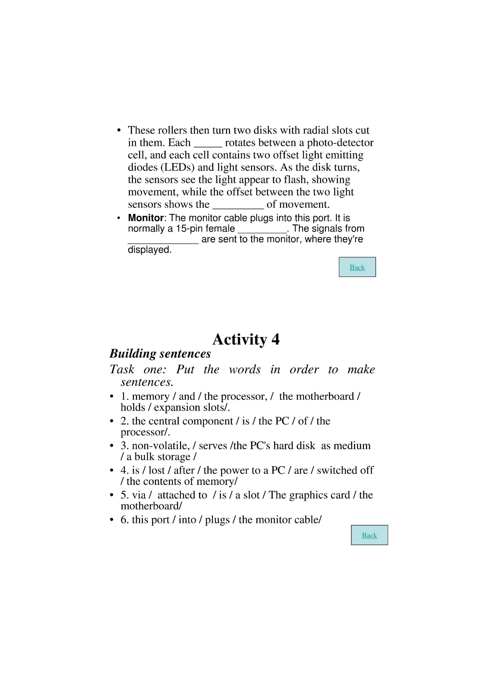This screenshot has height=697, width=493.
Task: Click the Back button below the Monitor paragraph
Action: tap(357, 267)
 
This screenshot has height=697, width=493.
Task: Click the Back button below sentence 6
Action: tap(369, 535)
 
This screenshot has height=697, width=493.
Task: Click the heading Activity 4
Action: tap(246, 339)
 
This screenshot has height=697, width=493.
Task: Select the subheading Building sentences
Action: tap(160, 354)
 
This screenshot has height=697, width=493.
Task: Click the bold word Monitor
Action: tap(145, 218)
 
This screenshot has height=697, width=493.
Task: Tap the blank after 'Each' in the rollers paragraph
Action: tap(207, 143)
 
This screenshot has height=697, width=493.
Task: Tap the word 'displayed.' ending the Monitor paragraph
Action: tap(149, 250)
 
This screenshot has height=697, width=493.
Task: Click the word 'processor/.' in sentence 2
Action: tap(145, 432)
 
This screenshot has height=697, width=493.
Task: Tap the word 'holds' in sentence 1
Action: tap(133, 408)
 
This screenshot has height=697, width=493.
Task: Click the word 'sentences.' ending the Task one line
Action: tap(147, 382)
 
